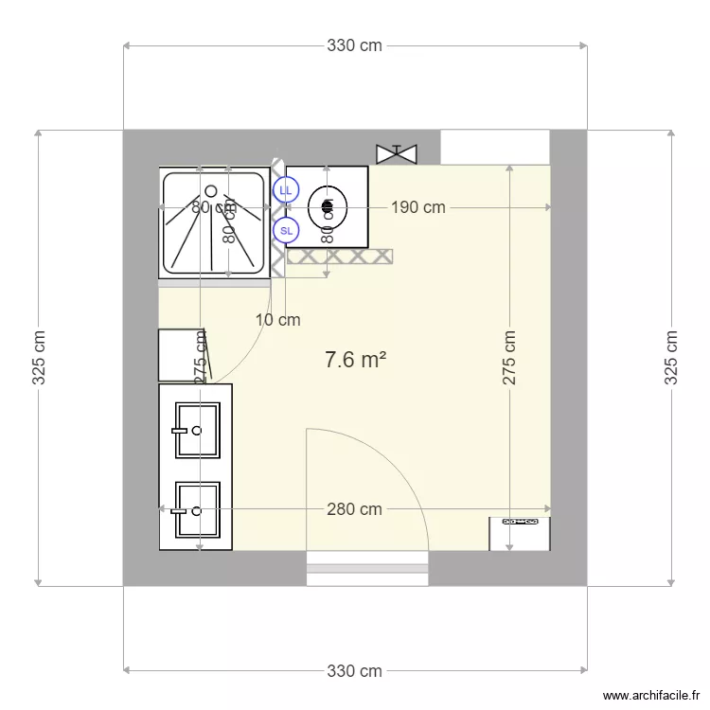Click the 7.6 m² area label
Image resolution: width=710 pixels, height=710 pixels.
click(355, 360)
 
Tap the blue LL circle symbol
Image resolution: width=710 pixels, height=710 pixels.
click(285, 190)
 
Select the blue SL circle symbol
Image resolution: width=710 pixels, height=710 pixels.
click(285, 229)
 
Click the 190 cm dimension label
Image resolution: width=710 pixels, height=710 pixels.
click(417, 207)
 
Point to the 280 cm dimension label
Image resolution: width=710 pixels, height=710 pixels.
click(354, 509)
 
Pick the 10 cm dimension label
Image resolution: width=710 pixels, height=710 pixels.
click(278, 320)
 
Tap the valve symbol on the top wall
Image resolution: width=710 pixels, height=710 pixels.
click(397, 152)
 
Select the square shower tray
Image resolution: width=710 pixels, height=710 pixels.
click(215, 221)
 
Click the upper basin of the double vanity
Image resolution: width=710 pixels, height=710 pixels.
click(197, 430)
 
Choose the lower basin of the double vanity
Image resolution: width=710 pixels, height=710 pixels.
click(197, 511)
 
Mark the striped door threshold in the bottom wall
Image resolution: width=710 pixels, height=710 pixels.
click(367, 569)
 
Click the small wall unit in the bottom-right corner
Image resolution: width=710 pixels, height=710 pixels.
click(519, 533)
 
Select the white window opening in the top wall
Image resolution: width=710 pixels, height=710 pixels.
click(495, 147)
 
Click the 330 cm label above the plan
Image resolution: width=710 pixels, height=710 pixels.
click(354, 45)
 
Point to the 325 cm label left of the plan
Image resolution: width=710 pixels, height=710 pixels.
click(39, 358)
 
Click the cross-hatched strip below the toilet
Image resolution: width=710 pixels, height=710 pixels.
click(340, 256)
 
